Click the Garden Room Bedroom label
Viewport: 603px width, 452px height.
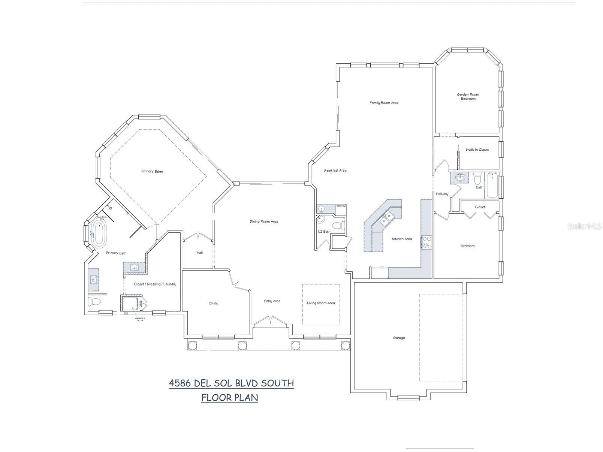point(468,97)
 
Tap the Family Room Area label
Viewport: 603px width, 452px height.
point(384,103)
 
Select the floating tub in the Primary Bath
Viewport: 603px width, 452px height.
point(99,233)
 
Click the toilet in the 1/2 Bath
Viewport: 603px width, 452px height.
point(339,226)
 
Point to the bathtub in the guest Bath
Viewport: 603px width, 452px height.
point(492,185)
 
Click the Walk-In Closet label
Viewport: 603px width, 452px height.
point(477,150)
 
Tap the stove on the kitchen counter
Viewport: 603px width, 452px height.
point(426,242)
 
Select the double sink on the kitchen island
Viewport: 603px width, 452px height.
point(387,218)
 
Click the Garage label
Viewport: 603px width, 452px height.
point(399,338)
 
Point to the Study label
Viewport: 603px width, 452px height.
point(213,303)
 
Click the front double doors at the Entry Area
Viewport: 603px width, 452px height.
point(271,321)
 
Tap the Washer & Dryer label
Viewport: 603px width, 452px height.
point(139,319)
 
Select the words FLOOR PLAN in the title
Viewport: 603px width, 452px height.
point(229,397)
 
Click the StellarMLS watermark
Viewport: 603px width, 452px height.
point(584,226)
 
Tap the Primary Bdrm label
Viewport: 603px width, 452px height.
point(152,172)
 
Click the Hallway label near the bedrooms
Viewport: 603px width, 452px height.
point(442,194)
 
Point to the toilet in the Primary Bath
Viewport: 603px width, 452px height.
point(94,301)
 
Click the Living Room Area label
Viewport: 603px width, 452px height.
point(321,303)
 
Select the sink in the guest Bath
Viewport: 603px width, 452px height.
point(459,178)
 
